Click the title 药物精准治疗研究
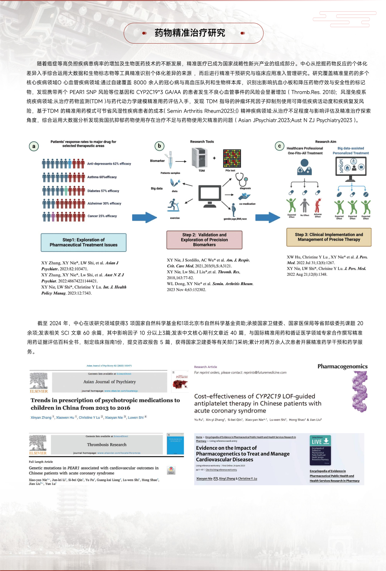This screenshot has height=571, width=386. [190, 33]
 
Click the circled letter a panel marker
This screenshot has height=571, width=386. [34, 146]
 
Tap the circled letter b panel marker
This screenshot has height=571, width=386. [159, 146]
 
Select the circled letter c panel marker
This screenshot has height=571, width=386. [279, 146]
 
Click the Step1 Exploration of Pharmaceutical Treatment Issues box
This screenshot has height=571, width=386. [83, 242]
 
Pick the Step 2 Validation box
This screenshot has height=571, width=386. [204, 240]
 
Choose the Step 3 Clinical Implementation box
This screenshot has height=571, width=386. [329, 237]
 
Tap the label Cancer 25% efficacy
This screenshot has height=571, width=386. [102, 216]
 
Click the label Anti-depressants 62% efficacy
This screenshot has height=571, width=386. [109, 164]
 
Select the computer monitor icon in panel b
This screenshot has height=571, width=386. [210, 194]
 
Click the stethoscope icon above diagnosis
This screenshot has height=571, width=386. [242, 179]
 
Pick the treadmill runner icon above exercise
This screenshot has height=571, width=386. [173, 205]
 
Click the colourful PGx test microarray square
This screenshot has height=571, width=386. [232, 158]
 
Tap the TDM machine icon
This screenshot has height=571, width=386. [200, 158]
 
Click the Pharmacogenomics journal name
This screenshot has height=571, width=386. [342, 366]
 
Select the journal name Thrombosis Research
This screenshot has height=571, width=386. [107, 445]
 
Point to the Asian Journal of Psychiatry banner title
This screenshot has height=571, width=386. [110, 382]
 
